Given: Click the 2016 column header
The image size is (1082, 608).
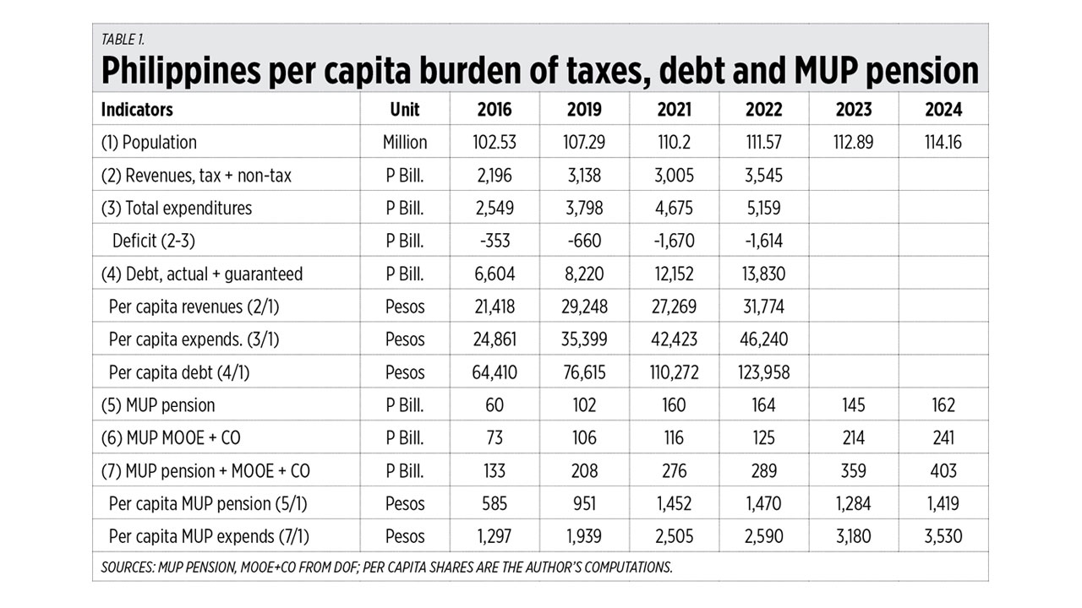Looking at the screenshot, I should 495,110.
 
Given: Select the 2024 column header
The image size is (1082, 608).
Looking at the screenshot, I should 943,110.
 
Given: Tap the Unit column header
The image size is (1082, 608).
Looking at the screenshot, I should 405,110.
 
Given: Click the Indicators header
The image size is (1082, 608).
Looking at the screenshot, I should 137,110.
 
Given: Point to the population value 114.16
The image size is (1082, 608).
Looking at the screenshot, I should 943,143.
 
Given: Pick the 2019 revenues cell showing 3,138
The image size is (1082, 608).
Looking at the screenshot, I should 584,176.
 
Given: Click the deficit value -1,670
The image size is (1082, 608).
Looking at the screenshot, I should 674,242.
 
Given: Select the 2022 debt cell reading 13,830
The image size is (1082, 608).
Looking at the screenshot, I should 763,274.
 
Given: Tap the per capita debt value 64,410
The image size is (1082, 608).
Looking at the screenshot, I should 495,372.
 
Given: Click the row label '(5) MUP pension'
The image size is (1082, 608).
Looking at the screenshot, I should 158,405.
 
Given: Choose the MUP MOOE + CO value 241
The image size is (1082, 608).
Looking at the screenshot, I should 943,438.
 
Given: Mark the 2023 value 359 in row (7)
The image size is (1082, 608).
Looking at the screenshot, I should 853,471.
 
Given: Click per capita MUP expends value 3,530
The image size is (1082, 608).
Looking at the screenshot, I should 943,536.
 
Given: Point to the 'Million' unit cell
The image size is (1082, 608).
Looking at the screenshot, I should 405,143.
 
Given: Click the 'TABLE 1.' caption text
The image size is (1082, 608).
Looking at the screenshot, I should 122,39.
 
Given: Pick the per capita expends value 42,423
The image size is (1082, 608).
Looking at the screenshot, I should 674,339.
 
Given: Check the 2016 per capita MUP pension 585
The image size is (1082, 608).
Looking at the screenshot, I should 495,504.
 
